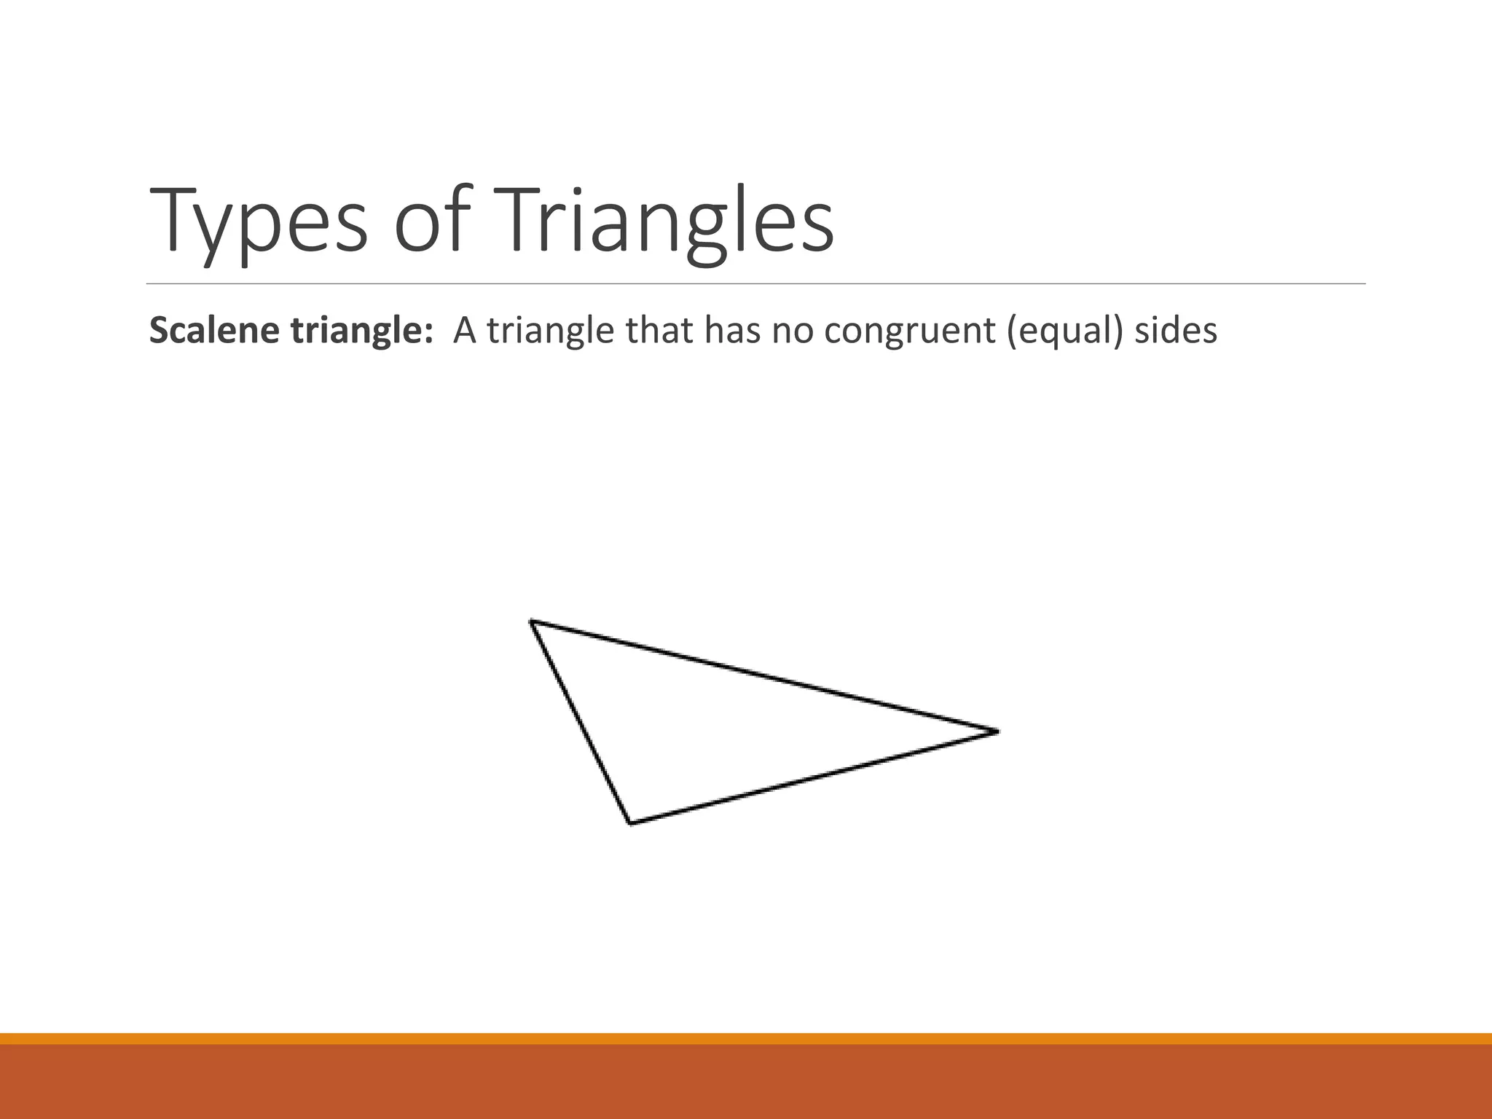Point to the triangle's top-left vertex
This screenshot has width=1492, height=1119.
tap(531, 621)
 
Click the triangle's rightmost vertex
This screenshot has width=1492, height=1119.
tap(997, 731)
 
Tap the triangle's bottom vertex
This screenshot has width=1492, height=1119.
tap(630, 823)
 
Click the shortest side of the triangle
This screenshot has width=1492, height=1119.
tap(580, 721)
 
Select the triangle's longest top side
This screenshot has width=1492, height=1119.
tap(763, 676)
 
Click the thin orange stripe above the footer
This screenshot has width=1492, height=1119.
tap(746, 1038)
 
